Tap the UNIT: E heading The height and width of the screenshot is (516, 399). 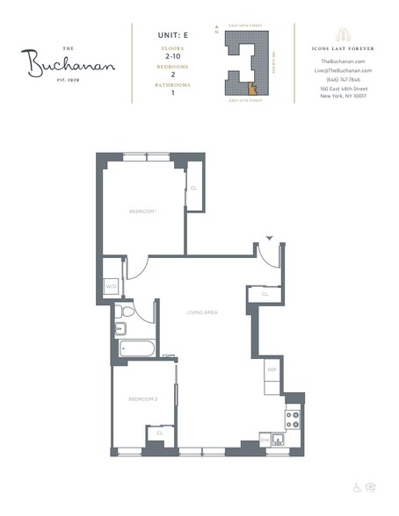point(161,35)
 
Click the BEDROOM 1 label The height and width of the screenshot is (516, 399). point(142,211)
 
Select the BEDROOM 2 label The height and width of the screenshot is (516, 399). point(142,399)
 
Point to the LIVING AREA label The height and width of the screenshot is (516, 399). point(201,312)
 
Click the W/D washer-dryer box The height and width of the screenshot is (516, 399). point(112,286)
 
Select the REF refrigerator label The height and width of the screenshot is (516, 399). point(272,371)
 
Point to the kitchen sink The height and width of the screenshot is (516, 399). point(280,440)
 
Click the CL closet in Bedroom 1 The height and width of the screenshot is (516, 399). point(193,188)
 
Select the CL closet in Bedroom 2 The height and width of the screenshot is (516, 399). point(160,433)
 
